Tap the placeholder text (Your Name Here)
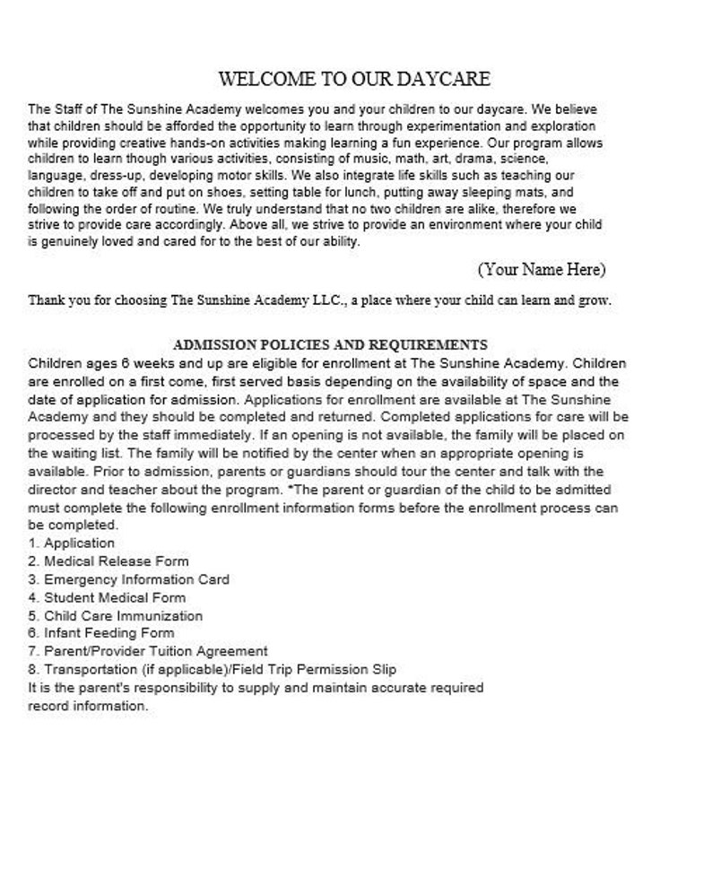tap(541, 268)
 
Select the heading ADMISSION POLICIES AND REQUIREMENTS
tap(330, 344)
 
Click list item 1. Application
tap(72, 543)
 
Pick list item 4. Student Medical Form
tap(107, 597)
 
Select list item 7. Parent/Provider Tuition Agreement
tap(148, 651)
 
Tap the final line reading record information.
tap(88, 706)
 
